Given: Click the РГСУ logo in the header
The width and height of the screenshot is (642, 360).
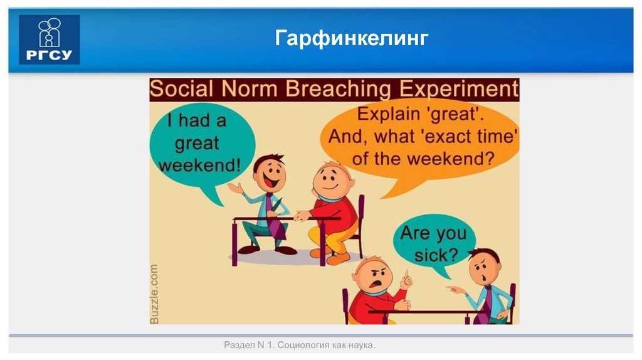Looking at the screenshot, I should pos(50,40).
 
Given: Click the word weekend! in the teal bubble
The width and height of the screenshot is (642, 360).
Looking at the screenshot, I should pos(199,166).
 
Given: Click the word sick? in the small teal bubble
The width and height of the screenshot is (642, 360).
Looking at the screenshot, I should pos(436,255).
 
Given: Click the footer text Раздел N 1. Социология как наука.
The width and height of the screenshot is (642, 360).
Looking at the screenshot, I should pos(299,346).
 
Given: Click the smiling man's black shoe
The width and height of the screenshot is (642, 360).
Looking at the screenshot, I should pos(285,250).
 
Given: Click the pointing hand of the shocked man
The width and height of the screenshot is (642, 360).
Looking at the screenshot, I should pos(456,290).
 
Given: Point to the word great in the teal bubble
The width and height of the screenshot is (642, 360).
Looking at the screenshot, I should pos(197,143).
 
